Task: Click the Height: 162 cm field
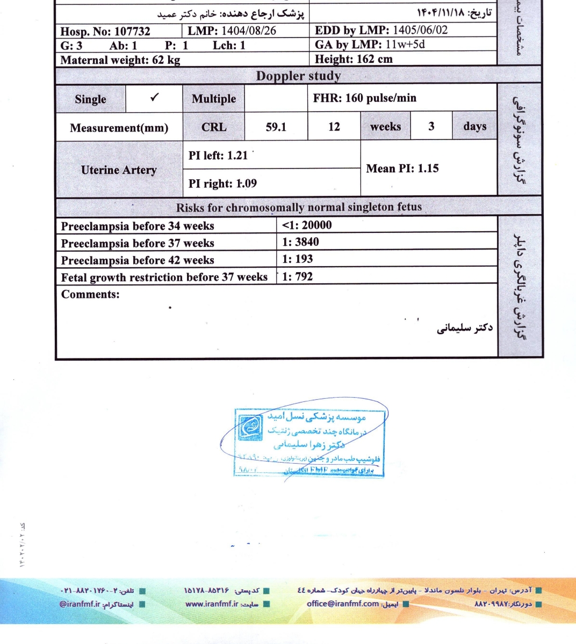[354, 59]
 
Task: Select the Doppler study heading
[298, 76]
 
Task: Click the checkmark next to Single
[154, 98]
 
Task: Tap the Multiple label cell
[214, 99]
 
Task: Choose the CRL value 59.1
[276, 127]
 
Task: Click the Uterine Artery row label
[119, 170]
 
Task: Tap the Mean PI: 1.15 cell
[402, 169]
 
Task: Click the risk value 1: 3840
[300, 242]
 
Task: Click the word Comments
[90, 294]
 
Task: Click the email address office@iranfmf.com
[343, 604]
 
